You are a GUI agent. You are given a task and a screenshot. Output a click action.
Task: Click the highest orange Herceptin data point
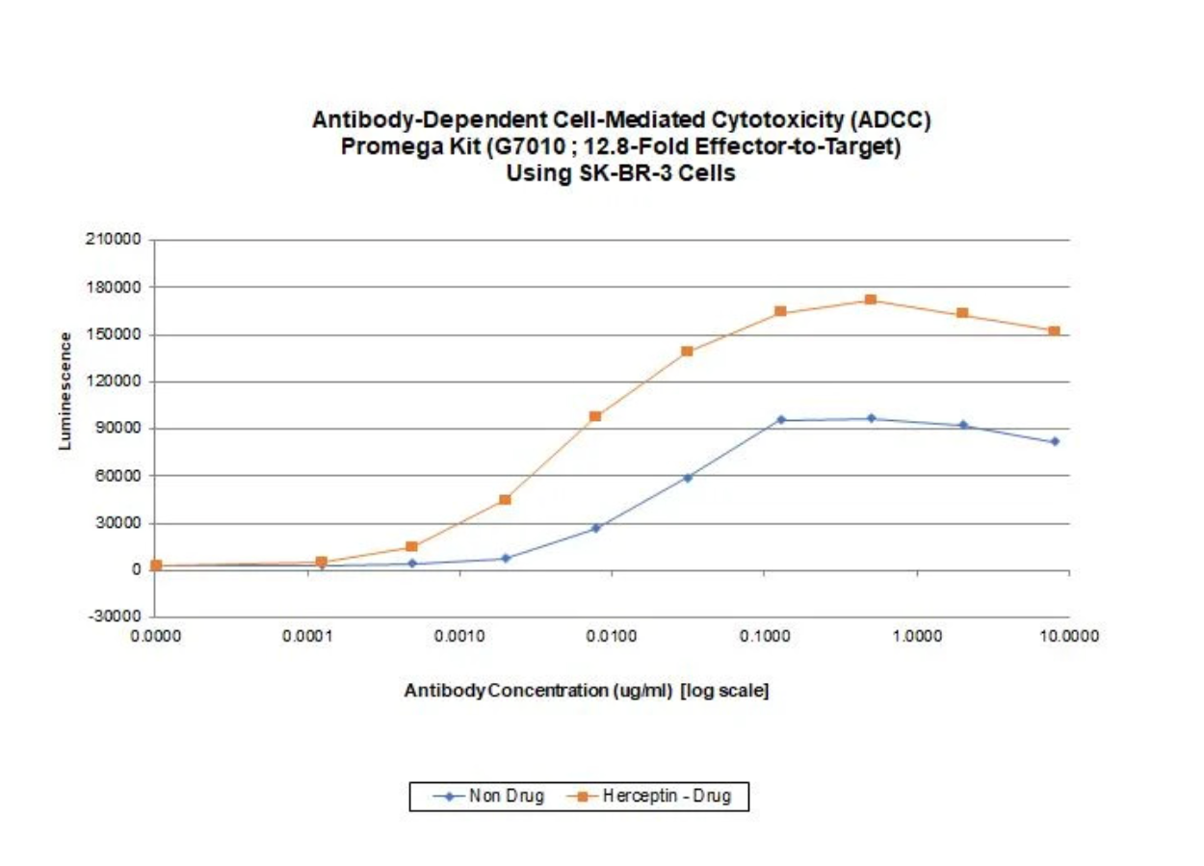pyautogui.click(x=871, y=300)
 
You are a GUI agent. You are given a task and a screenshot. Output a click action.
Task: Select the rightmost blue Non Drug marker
pyautogui.click(x=1055, y=441)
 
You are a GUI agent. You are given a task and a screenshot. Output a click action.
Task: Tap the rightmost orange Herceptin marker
pyautogui.click(x=1055, y=331)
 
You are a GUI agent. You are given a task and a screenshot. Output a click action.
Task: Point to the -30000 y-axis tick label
pyautogui.click(x=118, y=617)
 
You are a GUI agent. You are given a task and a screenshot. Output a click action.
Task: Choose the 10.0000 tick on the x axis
pyautogui.click(x=1068, y=637)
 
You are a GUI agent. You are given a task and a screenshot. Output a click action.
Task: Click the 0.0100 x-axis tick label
pyautogui.click(x=611, y=637)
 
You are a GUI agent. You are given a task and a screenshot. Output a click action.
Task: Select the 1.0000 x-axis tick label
pyautogui.click(x=916, y=637)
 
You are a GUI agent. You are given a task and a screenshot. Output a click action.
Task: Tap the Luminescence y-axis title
pyautogui.click(x=65, y=391)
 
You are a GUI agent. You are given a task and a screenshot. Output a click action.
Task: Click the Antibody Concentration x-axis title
pyautogui.click(x=586, y=692)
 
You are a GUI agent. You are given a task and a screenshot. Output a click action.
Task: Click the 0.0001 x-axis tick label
pyautogui.click(x=306, y=637)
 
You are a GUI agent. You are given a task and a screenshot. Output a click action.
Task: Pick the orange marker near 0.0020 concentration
pyautogui.click(x=505, y=499)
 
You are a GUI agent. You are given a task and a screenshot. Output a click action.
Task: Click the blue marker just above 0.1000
pyautogui.click(x=780, y=420)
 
